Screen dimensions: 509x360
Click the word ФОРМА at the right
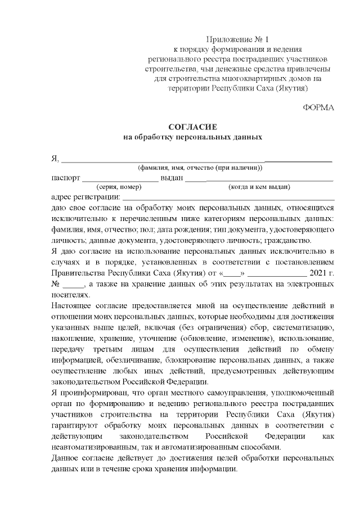pos(318,107)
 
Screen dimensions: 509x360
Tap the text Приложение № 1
pos(238,39)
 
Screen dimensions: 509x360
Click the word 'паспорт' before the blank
pos(65,178)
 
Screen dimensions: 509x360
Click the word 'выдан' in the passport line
pos(172,178)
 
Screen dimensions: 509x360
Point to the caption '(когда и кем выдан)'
pos(259,187)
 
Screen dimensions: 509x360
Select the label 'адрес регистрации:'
pos(85,197)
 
